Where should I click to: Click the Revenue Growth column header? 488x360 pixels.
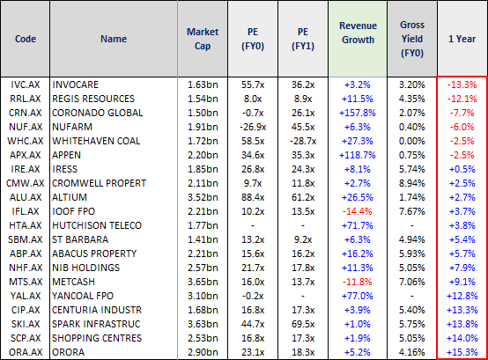pyautogui.click(x=358, y=33)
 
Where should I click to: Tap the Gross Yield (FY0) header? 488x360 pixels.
pyautogui.click(x=412, y=39)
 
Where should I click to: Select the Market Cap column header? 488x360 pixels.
pyautogui.click(x=203, y=39)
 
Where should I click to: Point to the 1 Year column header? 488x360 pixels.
pyautogui.click(x=462, y=39)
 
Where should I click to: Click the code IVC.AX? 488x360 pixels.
pyautogui.click(x=26, y=84)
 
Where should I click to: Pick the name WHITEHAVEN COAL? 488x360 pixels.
pyautogui.click(x=96, y=141)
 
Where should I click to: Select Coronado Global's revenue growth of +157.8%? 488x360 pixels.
pyautogui.click(x=358, y=113)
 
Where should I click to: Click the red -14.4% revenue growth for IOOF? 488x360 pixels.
pyautogui.click(x=358, y=211)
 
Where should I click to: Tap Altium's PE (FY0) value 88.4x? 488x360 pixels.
pyautogui.click(x=253, y=197)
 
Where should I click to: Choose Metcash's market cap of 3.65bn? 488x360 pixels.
pyautogui.click(x=203, y=282)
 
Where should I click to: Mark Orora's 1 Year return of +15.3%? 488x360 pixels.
pyautogui.click(x=462, y=352)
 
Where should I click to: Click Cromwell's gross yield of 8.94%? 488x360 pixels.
pyautogui.click(x=412, y=183)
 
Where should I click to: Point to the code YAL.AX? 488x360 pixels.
pyautogui.click(x=26, y=296)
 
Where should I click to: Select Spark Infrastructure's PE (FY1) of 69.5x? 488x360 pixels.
pyautogui.click(x=303, y=324)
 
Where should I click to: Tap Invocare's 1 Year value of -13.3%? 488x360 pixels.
pyautogui.click(x=462, y=84)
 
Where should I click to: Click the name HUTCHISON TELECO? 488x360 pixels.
pyautogui.click(x=97, y=225)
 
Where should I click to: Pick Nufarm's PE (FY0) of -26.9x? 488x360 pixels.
pyautogui.click(x=253, y=127)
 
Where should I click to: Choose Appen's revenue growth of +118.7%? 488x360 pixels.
pyautogui.click(x=358, y=155)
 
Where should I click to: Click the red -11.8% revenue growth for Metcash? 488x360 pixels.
pyautogui.click(x=358, y=282)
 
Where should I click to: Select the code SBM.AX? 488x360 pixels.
pyautogui.click(x=26, y=239)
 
